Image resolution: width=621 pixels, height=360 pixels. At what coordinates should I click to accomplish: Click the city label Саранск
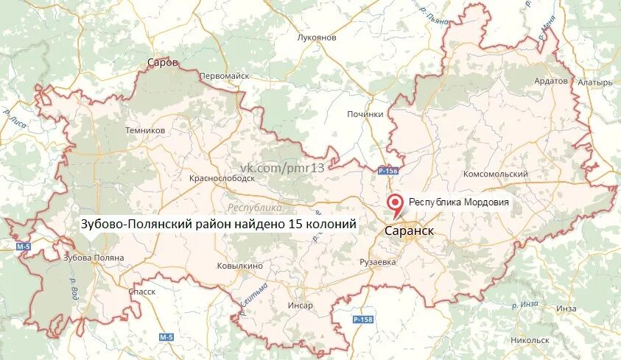(409, 230)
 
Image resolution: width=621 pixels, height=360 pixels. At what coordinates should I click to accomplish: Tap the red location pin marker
(396, 204)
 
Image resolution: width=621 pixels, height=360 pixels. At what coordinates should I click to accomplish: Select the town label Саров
(163, 63)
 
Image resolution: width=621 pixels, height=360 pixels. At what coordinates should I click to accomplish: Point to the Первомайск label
(225, 76)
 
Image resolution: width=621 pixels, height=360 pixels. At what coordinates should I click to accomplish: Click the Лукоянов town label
(316, 37)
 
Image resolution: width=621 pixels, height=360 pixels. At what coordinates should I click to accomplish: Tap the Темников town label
(145, 130)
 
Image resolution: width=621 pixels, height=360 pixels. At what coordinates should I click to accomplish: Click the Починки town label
(365, 114)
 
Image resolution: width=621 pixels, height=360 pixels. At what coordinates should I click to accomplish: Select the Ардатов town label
(551, 80)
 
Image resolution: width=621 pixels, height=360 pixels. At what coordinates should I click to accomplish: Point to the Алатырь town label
(594, 82)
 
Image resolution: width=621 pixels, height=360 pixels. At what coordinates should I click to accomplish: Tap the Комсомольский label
(495, 174)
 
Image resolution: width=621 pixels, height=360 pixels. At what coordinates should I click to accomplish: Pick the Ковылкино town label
(239, 266)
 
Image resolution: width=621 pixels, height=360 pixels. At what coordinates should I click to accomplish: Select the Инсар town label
(301, 305)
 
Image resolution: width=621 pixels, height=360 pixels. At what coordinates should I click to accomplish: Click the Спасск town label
(141, 292)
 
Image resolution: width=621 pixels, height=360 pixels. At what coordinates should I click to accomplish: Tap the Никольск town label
(529, 340)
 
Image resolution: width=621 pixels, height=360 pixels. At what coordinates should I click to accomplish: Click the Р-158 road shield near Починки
(387, 171)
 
